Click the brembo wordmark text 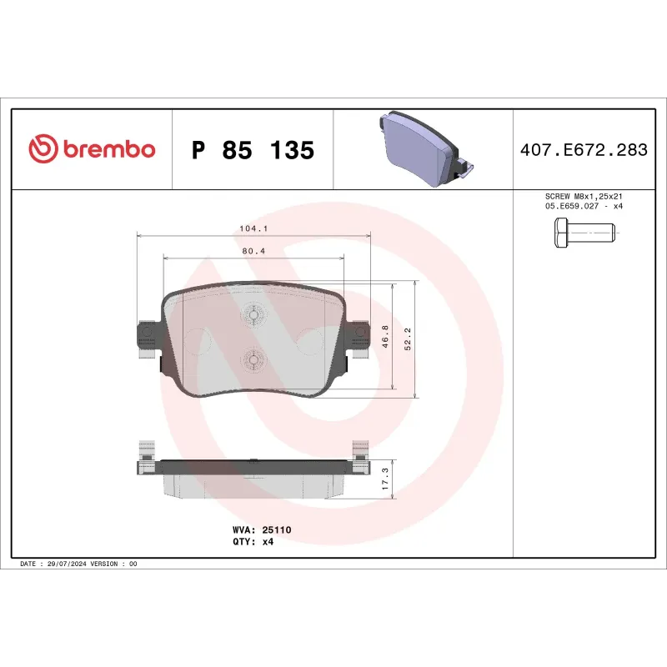107,149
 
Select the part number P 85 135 253,150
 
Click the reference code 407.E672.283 584,150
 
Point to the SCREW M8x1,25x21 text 583,196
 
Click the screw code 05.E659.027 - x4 583,206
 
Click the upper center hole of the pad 252,314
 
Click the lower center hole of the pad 252,360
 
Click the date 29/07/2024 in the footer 65,564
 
